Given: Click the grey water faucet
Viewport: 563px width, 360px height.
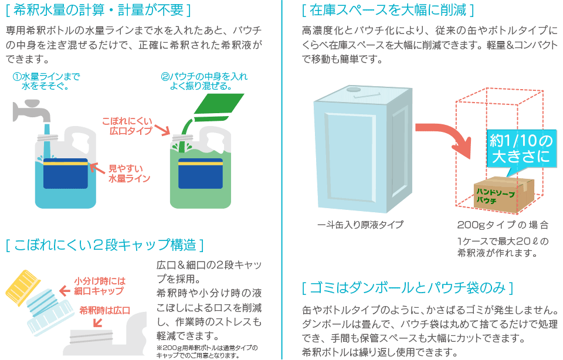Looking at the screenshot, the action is point(30,110).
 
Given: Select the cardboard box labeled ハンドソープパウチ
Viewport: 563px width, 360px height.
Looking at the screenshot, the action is point(503,193).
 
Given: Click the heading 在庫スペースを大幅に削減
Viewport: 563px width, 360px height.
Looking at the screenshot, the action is point(388,10).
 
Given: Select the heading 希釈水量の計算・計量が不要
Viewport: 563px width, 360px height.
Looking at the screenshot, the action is point(98,10).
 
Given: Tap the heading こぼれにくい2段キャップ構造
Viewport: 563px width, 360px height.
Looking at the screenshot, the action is point(104,244).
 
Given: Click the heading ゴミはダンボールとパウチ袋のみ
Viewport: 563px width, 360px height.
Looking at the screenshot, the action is point(407,287).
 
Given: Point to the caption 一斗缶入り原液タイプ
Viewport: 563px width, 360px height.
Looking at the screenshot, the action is point(360,225).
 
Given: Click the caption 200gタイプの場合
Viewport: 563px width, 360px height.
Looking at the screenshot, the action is point(503,225).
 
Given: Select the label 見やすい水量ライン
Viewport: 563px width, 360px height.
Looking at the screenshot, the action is point(129,174).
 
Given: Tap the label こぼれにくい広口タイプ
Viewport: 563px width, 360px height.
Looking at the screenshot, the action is point(127,126).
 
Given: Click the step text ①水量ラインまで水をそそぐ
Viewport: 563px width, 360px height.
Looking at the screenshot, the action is point(46,81).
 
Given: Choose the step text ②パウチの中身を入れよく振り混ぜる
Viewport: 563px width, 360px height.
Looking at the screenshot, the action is point(204,81).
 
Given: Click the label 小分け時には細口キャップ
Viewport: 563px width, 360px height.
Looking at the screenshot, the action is point(100,286).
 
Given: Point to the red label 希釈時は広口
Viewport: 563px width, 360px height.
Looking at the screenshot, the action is point(104,310).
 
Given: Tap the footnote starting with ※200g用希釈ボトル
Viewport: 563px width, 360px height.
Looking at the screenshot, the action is point(207,352).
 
